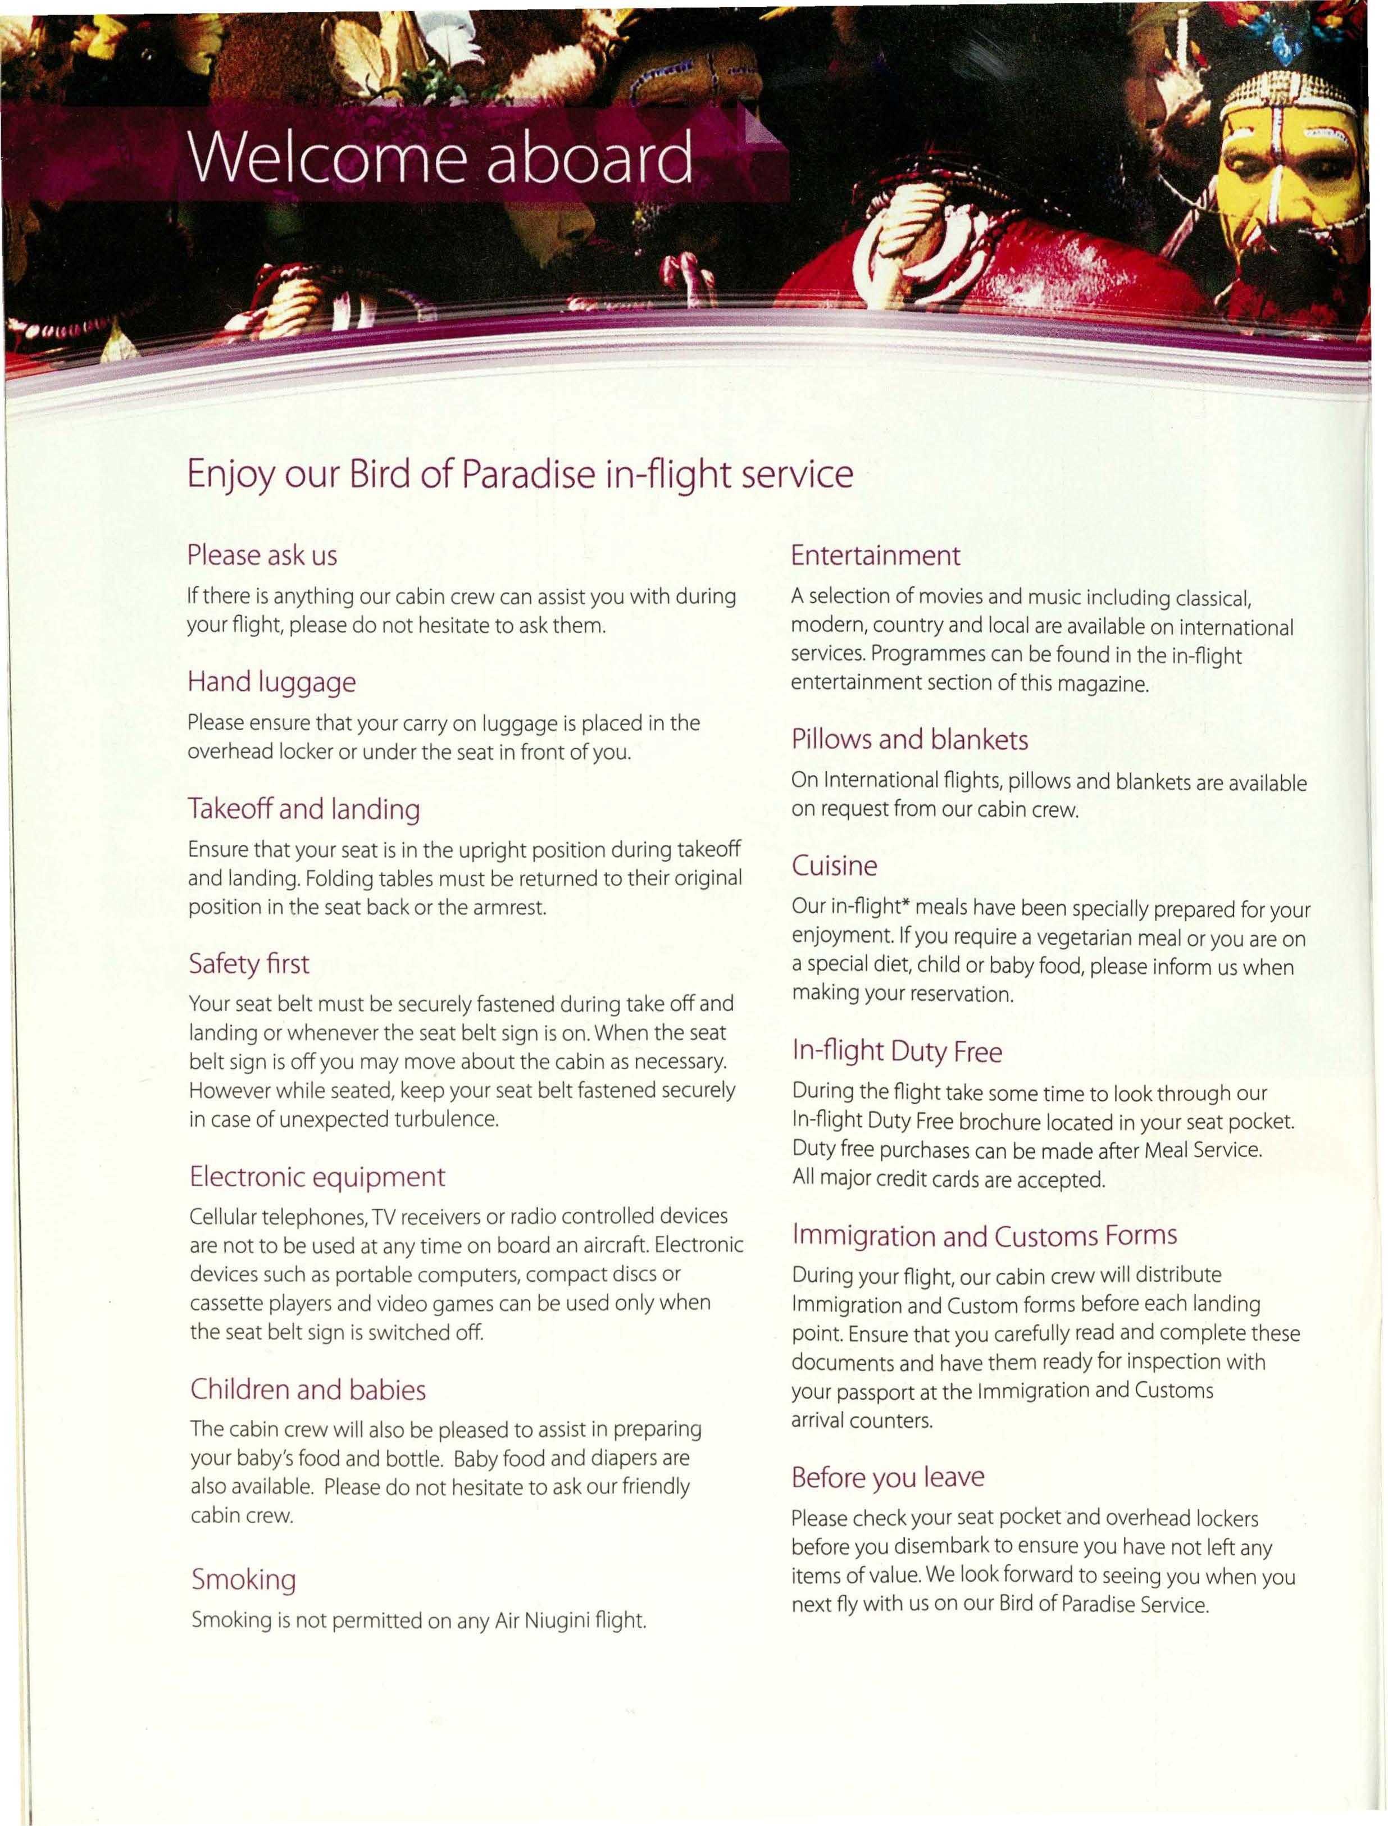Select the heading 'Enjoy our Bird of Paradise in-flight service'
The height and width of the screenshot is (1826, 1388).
520,475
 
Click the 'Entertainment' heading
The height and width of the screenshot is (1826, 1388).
875,555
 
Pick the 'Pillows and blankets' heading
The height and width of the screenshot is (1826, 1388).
909,740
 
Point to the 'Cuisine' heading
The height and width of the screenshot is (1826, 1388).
835,866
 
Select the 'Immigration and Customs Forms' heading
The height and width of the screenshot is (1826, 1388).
984,1236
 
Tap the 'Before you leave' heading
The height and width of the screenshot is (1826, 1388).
888,1477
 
